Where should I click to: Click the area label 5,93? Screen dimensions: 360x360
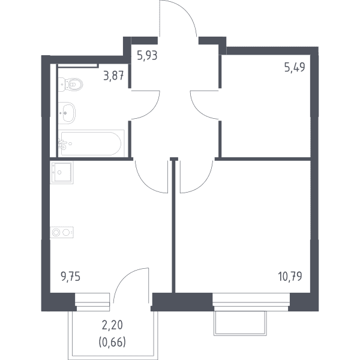tap(147, 56)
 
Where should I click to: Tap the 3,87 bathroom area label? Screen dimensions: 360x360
tap(113, 76)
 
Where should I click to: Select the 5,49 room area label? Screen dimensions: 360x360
tap(295, 67)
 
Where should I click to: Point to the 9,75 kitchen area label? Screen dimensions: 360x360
tap(70, 277)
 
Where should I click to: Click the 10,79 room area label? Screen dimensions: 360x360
tap(290, 277)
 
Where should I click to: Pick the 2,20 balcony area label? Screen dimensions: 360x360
tap(112, 325)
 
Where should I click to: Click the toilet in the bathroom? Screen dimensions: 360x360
tap(70, 84)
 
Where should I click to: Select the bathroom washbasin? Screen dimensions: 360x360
tap(67, 113)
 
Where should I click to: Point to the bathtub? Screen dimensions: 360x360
tap(91, 143)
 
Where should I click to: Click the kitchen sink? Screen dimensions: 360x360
tap(62, 172)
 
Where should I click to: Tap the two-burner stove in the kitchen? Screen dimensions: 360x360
tap(62, 232)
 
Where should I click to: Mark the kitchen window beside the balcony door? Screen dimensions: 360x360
tap(92, 302)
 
